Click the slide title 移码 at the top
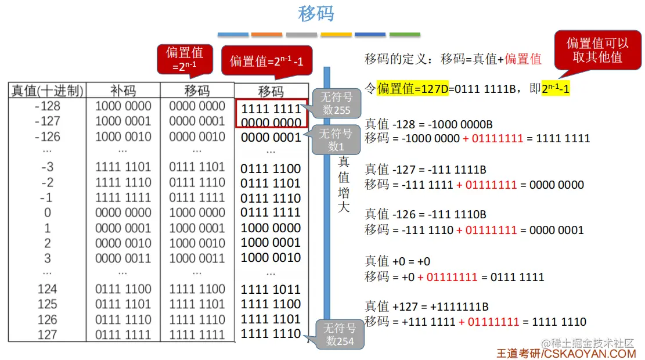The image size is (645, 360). point(316,14)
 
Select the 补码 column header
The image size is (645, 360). point(123,91)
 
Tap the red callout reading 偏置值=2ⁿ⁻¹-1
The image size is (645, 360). point(267,61)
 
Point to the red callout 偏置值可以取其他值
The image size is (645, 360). point(597,50)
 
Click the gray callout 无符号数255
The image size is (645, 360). point(337,103)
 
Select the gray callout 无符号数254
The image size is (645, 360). point(338,334)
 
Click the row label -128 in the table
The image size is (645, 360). point(47,106)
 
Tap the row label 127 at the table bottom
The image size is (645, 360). point(47,334)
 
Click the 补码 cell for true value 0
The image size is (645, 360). point(123,213)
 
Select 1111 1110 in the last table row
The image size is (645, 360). point(271,334)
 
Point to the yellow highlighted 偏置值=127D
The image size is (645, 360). point(413,89)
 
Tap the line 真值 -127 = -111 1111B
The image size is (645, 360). point(426,170)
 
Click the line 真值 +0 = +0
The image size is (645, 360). point(397,261)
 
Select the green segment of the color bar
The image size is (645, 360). point(405,34)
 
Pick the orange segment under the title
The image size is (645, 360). point(267,34)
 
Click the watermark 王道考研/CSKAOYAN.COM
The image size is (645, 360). point(566,353)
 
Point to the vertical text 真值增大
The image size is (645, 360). point(344,183)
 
